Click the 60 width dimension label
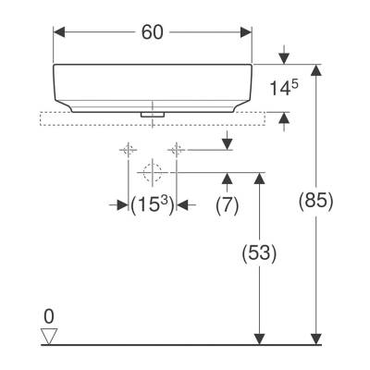click(x=153, y=32)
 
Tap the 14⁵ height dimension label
click(x=284, y=90)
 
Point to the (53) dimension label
click(x=260, y=252)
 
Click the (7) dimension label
click(x=228, y=204)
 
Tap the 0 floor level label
click(x=49, y=315)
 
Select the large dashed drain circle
click(x=153, y=171)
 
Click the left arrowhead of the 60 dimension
click(x=59, y=32)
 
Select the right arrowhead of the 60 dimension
click(x=247, y=32)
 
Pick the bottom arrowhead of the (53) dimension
click(x=260, y=338)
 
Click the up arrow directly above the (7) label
click(x=228, y=178)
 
